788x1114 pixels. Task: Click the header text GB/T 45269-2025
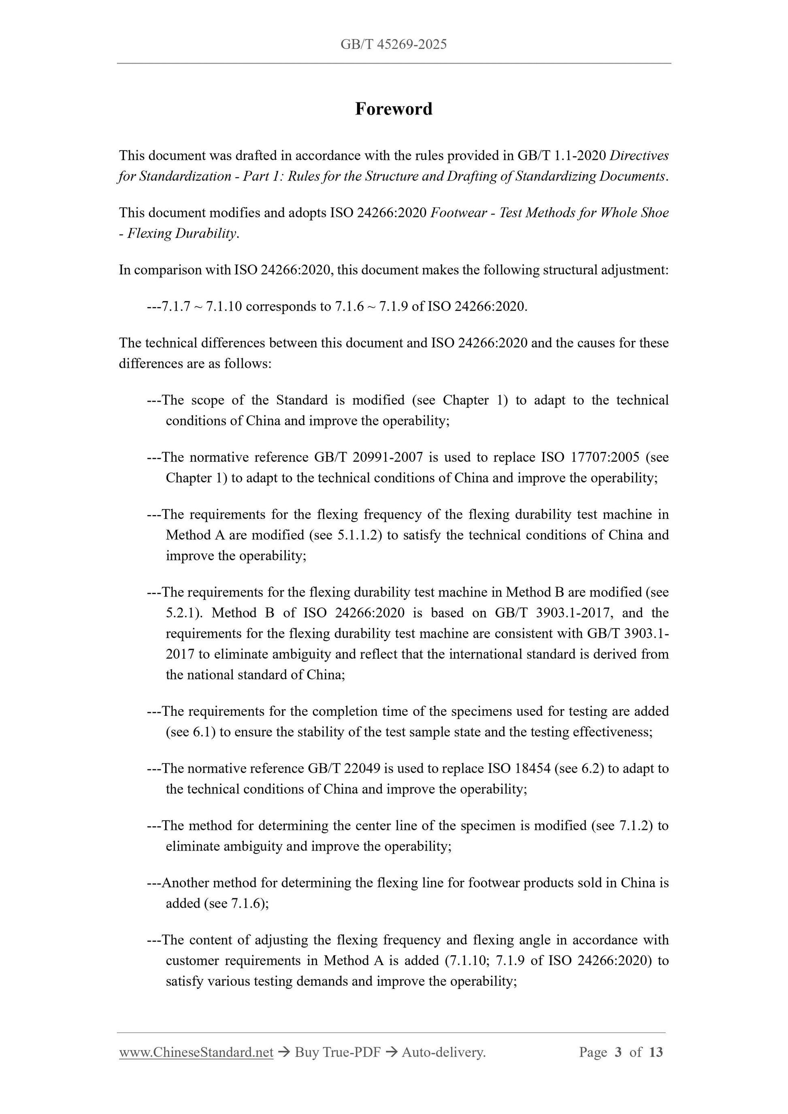coord(393,45)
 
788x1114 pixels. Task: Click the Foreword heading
coord(393,109)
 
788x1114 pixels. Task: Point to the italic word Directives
coord(639,156)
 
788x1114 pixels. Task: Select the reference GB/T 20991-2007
coord(368,458)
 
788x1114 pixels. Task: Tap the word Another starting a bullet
coord(185,883)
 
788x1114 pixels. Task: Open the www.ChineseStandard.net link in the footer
coord(196,1052)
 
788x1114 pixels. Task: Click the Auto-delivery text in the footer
coord(444,1052)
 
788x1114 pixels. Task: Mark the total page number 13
coord(656,1052)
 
